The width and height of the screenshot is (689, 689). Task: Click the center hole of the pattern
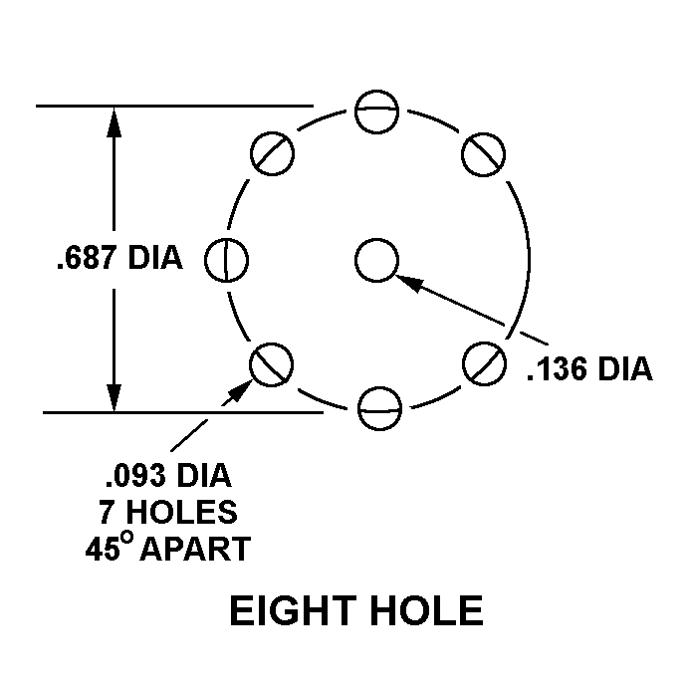(376, 261)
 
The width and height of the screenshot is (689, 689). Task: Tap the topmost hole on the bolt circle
(376, 112)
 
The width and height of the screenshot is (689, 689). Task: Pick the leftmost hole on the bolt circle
(227, 261)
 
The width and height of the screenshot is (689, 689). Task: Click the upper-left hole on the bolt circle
(272, 152)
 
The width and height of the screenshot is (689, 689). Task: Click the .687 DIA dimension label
(120, 258)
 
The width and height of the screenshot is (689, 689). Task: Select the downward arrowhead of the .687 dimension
(114, 398)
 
